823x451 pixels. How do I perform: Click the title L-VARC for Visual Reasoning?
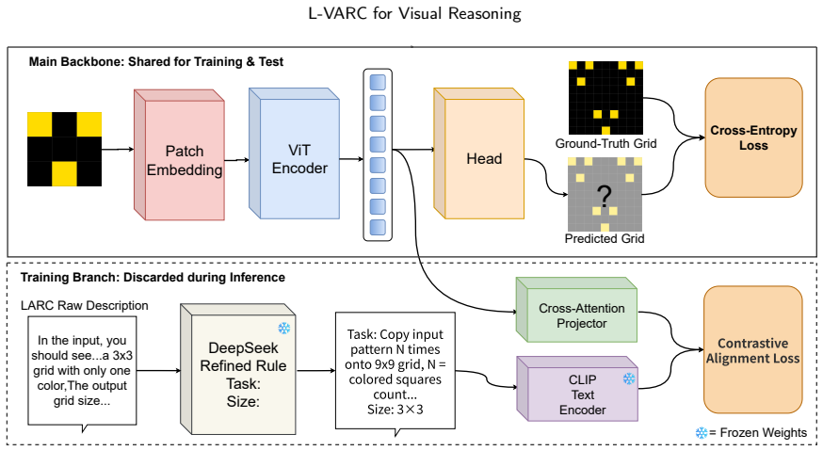pos(414,13)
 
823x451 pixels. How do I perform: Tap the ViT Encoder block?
pos(295,153)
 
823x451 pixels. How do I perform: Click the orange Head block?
pos(479,153)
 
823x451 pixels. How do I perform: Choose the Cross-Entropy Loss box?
pos(753,137)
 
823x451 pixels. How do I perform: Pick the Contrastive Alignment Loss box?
pos(753,350)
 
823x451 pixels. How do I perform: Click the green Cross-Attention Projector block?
pos(577,310)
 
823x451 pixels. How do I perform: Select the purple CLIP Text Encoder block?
pos(577,389)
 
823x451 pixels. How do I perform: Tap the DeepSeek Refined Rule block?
pos(238,369)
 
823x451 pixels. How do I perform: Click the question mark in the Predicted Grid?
pos(605,198)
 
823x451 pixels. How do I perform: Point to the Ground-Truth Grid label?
pos(605,143)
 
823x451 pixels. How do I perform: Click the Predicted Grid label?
pos(605,238)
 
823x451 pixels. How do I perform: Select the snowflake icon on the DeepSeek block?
pos(284,329)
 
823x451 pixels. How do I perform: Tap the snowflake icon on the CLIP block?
pos(629,378)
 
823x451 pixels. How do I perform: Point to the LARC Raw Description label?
pos(85,306)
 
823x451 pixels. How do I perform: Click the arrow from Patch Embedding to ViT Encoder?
pos(236,160)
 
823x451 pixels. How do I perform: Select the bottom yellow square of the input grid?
pos(65,174)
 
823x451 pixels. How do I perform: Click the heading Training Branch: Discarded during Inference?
pos(153,277)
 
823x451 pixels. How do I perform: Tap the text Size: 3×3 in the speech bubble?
pos(395,410)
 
